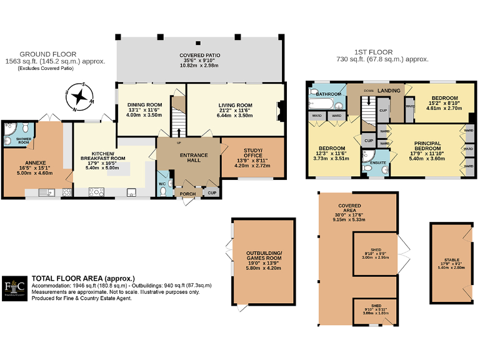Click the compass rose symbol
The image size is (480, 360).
click(80, 97)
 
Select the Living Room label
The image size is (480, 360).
click(235, 105)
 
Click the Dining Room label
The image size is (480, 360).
click(144, 105)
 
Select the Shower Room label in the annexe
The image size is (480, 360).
click(23, 141)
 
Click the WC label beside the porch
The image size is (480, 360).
click(162, 184)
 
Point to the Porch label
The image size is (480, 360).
click(188, 194)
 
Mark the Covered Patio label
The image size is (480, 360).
click(200, 55)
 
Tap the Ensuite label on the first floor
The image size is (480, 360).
click(377, 161)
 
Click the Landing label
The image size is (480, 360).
click(389, 91)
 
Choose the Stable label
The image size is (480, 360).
click(451, 259)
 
